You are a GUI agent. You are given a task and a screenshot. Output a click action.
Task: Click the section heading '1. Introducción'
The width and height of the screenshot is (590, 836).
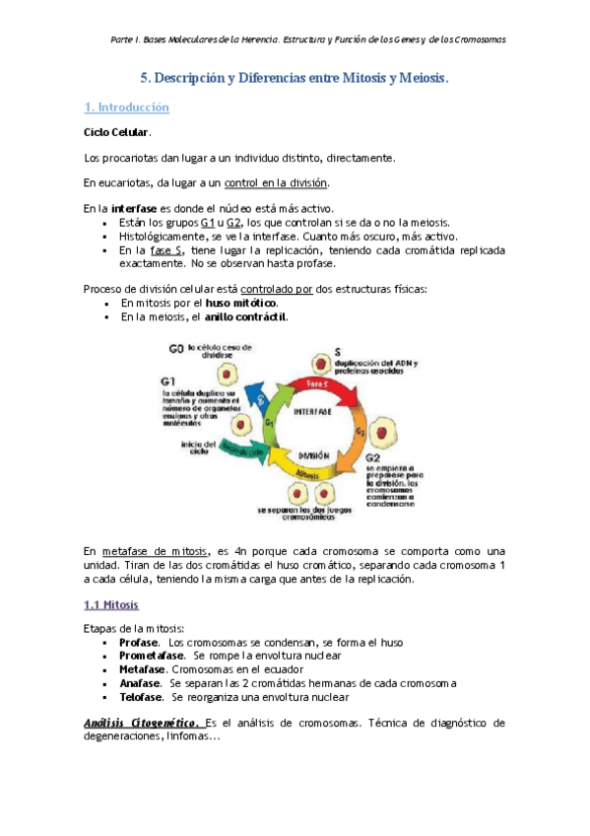[x=126, y=106]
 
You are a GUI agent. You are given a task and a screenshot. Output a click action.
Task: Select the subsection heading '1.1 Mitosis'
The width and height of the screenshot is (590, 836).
[x=111, y=603]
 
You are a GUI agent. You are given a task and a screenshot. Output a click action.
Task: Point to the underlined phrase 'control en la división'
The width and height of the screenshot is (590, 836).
[x=277, y=182]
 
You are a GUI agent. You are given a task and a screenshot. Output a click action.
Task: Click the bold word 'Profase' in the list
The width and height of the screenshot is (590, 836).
[x=138, y=643]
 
